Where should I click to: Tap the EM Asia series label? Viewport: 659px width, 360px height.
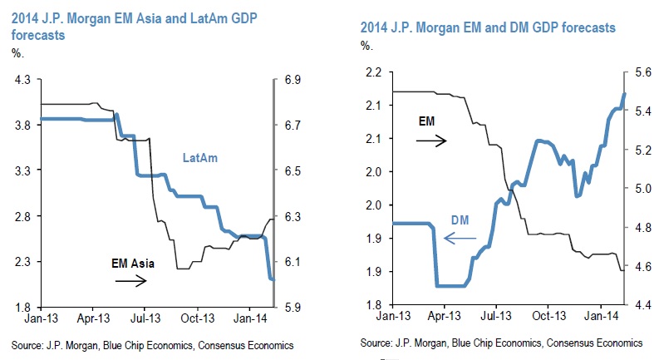(x=135, y=263)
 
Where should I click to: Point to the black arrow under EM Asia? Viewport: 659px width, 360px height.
(x=130, y=280)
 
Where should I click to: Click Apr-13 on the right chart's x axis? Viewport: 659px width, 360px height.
(x=445, y=317)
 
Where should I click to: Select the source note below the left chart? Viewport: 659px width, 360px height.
(x=153, y=343)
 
